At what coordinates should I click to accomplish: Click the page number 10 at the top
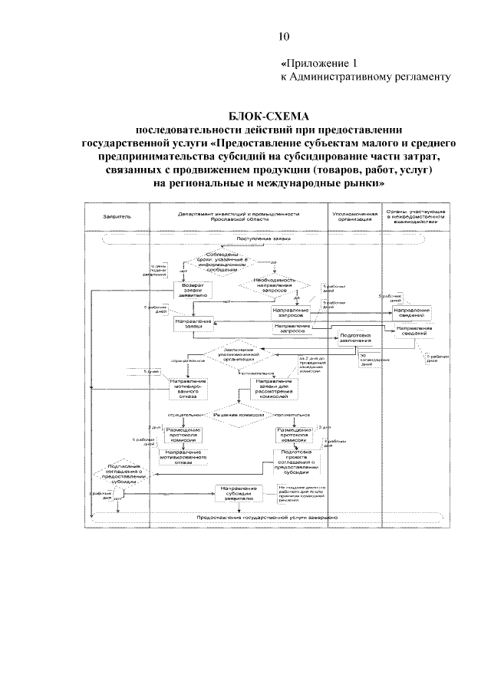[x=283, y=35]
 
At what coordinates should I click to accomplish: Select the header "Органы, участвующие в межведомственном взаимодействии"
[x=415, y=216]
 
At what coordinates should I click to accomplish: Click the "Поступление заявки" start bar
[x=263, y=238]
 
